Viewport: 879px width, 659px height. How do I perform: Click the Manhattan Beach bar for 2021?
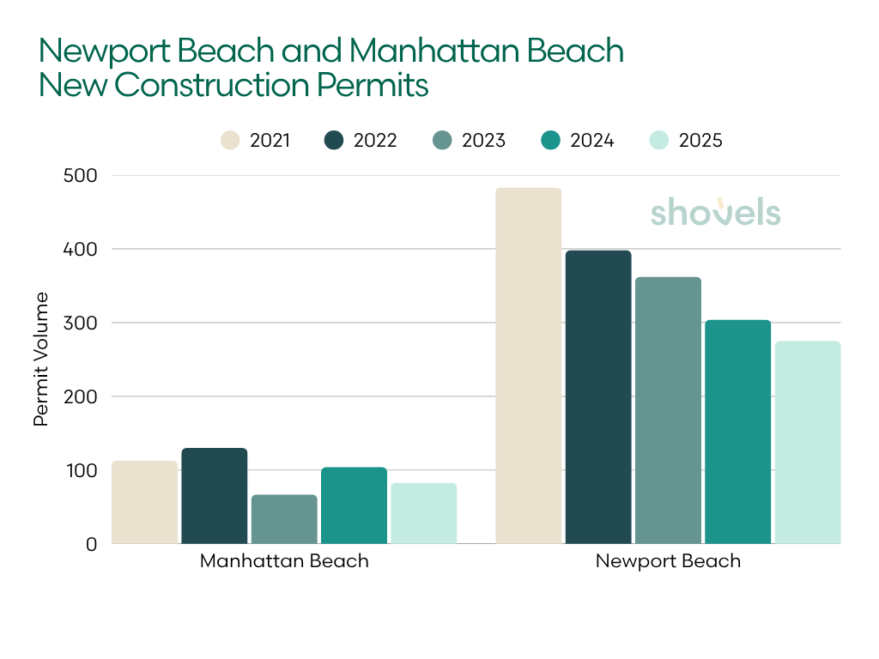point(144,502)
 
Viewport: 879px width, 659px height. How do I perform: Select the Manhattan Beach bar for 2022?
point(214,496)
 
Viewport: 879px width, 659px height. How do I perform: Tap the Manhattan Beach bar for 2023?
point(284,519)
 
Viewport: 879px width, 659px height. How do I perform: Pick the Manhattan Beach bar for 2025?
point(424,513)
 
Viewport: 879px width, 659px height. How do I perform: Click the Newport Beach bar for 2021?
point(529,366)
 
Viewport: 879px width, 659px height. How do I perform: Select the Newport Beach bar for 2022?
point(598,397)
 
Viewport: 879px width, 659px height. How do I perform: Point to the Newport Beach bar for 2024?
point(738,432)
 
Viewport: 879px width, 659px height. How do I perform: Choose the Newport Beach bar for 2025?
point(808,442)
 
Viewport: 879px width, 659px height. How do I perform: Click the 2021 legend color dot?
point(230,141)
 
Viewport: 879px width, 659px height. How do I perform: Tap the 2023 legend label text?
point(483,141)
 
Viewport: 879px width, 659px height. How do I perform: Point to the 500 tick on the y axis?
point(80,176)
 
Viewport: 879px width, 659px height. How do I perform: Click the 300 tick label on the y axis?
point(80,323)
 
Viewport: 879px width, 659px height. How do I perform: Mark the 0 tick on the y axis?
point(92,544)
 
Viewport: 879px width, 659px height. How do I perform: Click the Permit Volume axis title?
point(41,360)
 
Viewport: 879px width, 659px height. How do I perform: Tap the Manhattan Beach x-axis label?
point(284,562)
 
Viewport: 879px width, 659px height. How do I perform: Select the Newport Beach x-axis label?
point(668,562)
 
